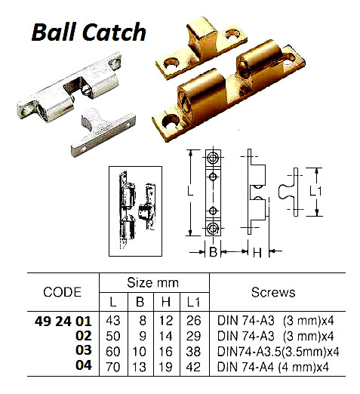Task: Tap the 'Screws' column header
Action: tap(272, 292)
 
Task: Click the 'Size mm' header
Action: tap(152, 283)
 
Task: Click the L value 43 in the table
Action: tap(113, 321)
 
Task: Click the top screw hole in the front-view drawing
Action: tap(213, 159)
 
